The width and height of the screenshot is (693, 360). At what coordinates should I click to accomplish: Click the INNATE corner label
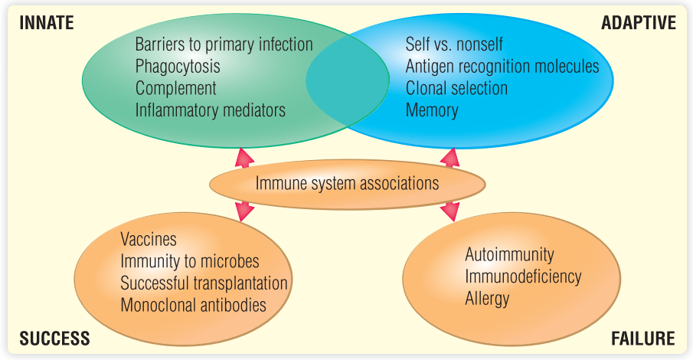click(x=47, y=22)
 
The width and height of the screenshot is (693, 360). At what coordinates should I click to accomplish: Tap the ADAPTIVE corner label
click(x=639, y=22)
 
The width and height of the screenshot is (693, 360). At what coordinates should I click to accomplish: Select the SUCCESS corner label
click(x=54, y=339)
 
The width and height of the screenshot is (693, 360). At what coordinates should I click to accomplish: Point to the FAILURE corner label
click(x=642, y=339)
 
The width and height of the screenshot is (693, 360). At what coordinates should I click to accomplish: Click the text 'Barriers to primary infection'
click(x=224, y=44)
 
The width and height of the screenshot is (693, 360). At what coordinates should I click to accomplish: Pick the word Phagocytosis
click(x=178, y=66)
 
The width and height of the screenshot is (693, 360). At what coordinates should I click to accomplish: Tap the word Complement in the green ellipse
click(x=175, y=88)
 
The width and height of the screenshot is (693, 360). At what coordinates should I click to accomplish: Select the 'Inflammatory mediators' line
click(x=211, y=110)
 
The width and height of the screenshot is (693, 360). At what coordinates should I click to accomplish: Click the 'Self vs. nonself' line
click(x=454, y=44)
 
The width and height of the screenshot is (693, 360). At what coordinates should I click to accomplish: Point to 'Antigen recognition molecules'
click(x=502, y=66)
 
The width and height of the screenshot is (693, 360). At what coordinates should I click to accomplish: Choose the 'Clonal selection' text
click(x=456, y=88)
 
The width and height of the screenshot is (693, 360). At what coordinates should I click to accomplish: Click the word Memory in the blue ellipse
click(x=432, y=110)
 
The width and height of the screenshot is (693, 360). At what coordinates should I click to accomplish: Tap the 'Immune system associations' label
click(x=347, y=183)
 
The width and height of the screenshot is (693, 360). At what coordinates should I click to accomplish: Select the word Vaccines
click(x=149, y=240)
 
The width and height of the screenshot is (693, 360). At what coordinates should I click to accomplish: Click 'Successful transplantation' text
click(x=204, y=283)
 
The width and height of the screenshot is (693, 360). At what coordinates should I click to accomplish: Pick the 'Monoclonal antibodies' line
click(x=193, y=305)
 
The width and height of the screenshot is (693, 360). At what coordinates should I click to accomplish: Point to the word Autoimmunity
click(x=509, y=254)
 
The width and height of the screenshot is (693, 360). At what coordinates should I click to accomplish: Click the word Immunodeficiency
click(x=523, y=277)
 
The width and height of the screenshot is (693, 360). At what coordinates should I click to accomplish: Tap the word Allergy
click(x=487, y=299)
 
